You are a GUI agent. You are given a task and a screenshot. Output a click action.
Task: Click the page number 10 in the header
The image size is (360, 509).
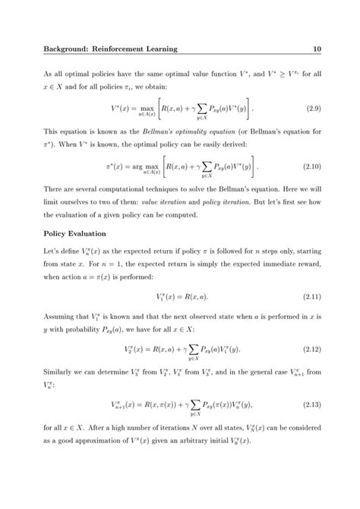317,49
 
